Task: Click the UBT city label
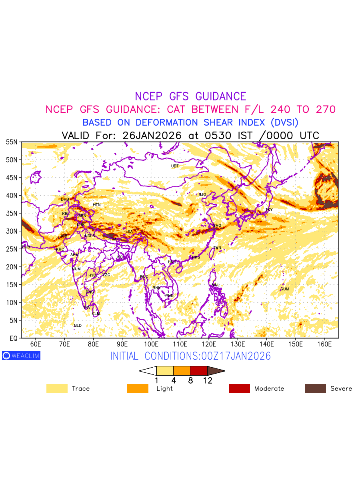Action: click(175, 166)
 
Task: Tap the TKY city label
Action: click(269, 210)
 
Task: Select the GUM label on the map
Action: click(284, 289)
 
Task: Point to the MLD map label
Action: click(78, 326)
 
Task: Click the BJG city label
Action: click(202, 194)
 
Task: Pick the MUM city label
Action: click(76, 269)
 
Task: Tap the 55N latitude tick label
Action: click(12, 142)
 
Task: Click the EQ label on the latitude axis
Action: click(13, 338)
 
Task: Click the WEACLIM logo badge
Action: click(21, 356)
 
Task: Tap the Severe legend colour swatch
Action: click(315, 388)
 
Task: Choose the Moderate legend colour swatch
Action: click(239, 388)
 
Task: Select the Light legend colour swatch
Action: click(138, 388)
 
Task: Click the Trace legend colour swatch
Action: click(57, 388)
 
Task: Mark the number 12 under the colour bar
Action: click(207, 380)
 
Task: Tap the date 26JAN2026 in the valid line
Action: click(153, 135)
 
